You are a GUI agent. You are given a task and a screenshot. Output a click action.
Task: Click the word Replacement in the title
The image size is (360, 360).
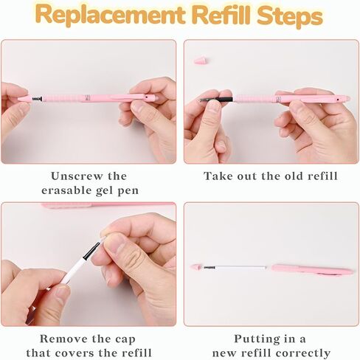(x=111, y=15)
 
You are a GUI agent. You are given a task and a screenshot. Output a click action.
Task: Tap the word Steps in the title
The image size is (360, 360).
(x=290, y=15)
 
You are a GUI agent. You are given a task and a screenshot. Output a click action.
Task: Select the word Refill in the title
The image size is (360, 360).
(x=224, y=15)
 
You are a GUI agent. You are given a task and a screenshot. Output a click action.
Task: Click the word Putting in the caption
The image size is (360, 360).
(x=257, y=339)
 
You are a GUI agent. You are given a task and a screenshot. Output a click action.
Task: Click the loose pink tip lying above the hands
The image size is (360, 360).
(x=201, y=60)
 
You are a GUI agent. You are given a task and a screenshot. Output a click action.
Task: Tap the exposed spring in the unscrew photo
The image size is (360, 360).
(x=37, y=99)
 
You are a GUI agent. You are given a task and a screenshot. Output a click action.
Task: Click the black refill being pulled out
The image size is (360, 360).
(x=217, y=100)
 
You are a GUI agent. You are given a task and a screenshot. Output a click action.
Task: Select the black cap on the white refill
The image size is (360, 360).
(x=91, y=251)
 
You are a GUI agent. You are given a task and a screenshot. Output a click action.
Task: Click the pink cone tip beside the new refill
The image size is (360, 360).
(x=197, y=267)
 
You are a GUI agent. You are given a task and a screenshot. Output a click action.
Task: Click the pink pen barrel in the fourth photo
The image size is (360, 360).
(x=312, y=270)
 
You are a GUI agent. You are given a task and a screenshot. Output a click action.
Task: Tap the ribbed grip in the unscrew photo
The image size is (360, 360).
(x=62, y=98)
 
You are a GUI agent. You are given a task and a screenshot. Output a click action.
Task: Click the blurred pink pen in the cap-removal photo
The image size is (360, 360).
(x=108, y=205)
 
